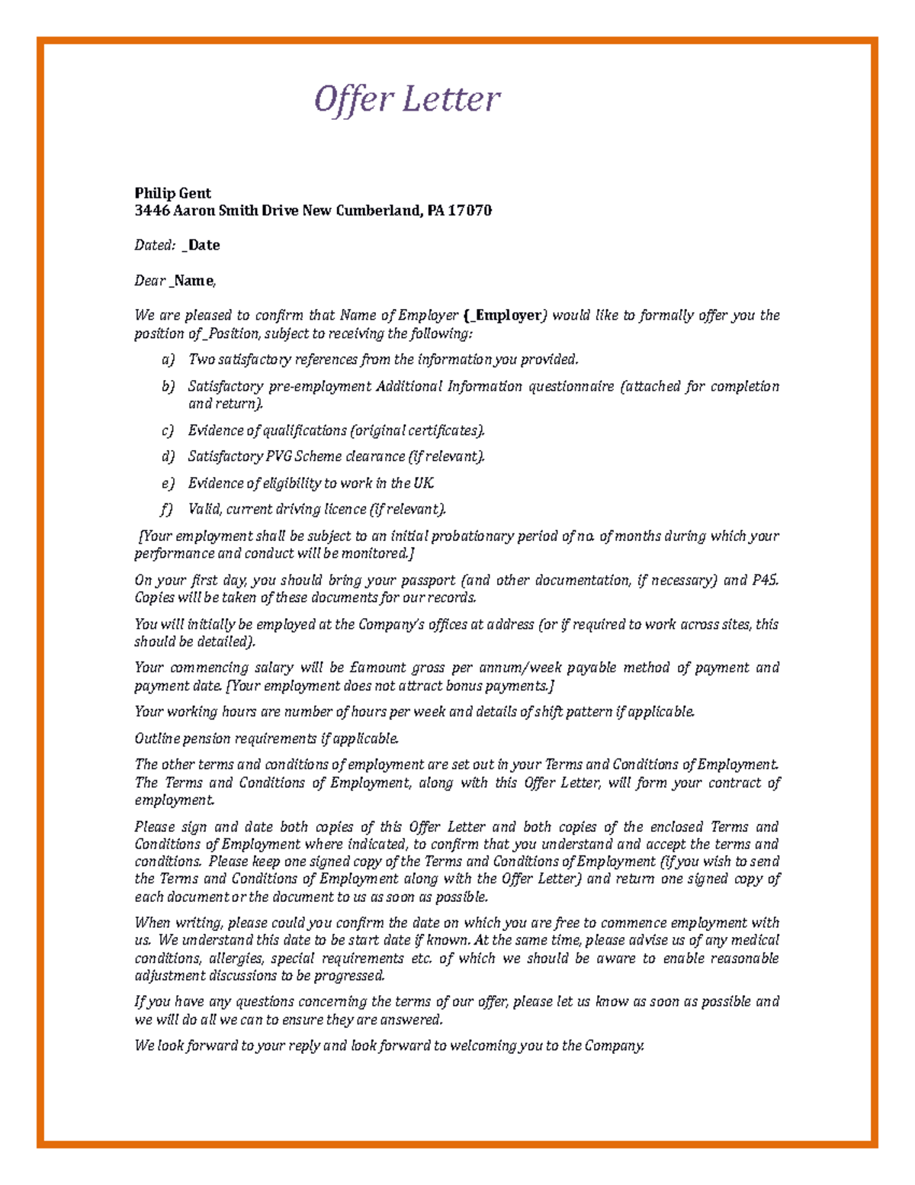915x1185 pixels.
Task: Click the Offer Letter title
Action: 407,99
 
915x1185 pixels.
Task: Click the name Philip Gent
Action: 172,193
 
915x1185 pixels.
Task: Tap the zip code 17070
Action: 469,211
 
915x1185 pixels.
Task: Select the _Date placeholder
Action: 201,245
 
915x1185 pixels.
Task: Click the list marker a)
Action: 168,359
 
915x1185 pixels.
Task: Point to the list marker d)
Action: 168,456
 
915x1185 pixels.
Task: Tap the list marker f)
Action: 167,509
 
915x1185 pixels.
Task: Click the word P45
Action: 766,580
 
